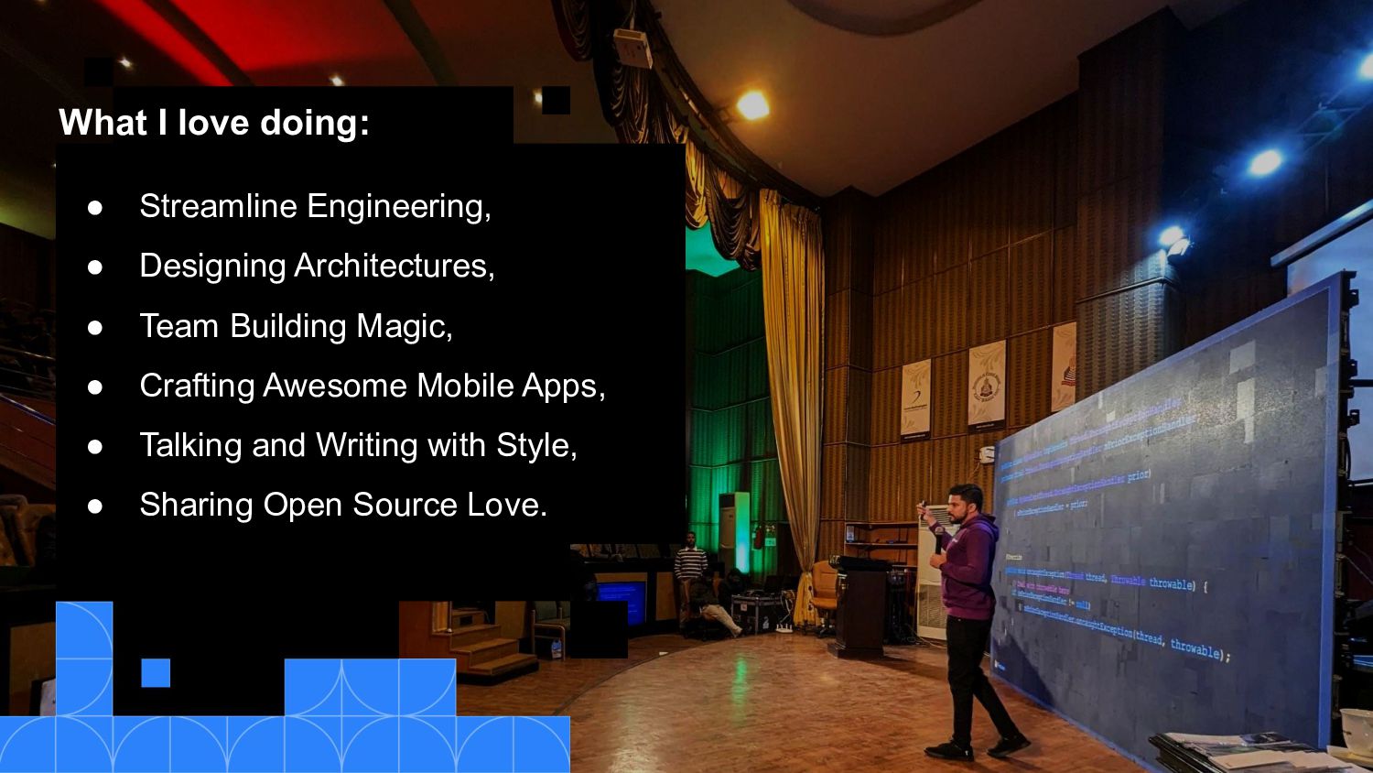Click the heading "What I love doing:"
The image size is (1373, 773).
coord(214,122)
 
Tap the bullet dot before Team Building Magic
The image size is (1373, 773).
coord(95,327)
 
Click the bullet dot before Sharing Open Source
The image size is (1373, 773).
coord(95,506)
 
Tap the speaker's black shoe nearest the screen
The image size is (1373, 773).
coord(1010,744)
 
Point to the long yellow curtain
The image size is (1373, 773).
coord(793,366)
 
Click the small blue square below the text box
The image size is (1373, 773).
coord(156,672)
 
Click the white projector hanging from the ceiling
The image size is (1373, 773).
coord(632,48)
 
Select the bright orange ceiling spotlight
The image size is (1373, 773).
coord(752,105)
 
